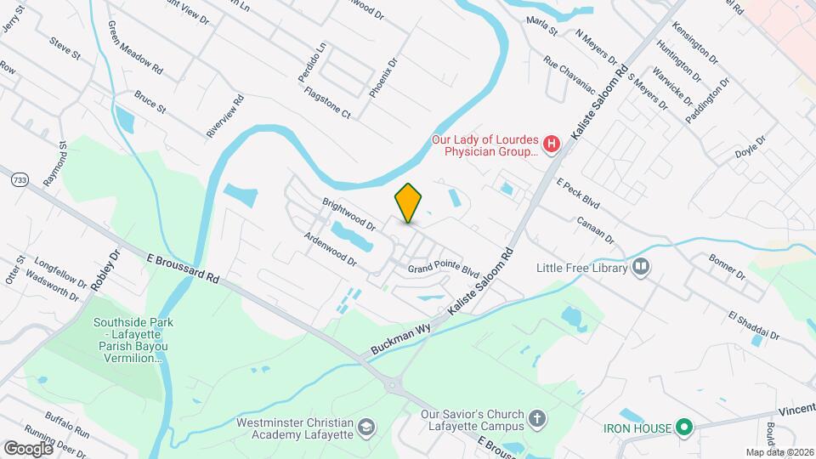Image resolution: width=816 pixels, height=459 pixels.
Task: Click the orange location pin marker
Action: click(x=408, y=202)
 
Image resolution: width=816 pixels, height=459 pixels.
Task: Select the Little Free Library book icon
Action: click(x=641, y=269)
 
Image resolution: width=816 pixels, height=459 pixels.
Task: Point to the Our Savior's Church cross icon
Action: click(x=536, y=418)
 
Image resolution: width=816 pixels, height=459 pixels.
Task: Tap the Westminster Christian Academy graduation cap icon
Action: click(x=366, y=426)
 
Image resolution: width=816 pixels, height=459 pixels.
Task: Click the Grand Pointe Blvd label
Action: click(x=443, y=269)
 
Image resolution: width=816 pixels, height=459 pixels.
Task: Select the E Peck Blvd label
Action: click(x=578, y=194)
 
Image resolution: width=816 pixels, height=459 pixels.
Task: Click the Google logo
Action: click(x=28, y=448)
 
